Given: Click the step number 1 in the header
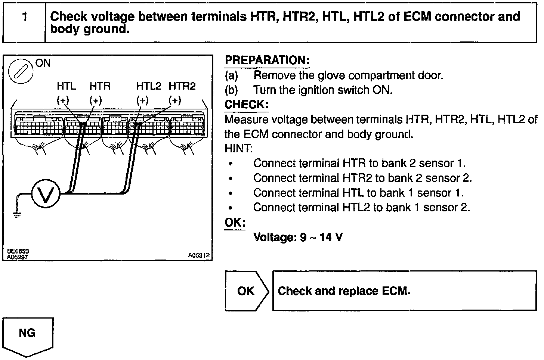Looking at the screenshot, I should point(25,17).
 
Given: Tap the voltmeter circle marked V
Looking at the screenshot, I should point(45,194).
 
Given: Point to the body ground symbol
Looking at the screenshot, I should point(16,214).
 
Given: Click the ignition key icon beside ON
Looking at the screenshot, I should point(21,71).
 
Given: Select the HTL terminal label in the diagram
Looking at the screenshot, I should point(66,86).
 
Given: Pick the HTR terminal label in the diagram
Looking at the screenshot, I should point(100,86).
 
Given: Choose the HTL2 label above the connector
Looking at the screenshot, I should point(148,86).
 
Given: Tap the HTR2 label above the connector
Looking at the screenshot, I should point(182,86).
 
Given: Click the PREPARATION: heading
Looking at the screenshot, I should point(267,60).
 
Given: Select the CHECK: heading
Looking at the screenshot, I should point(246,104).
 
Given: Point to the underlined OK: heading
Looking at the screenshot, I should point(235,223).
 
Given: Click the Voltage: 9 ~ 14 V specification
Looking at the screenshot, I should point(298,237).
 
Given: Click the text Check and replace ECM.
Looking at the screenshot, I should point(344,291).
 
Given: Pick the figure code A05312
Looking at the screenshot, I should point(199,256).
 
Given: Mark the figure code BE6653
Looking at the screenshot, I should point(18,252).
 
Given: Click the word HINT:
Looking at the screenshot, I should point(239,149).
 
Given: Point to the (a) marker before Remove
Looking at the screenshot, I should point(231,75).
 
